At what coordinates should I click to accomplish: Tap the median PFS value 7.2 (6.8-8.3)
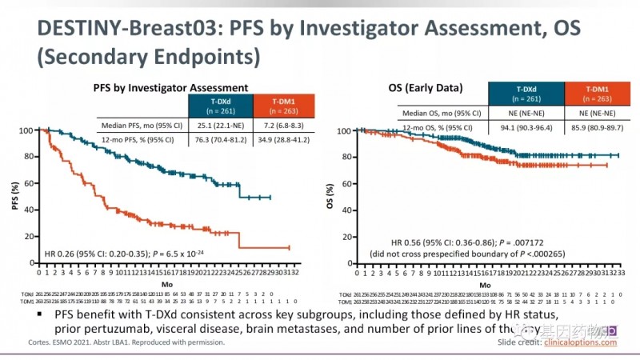pyautogui.click(x=283, y=125)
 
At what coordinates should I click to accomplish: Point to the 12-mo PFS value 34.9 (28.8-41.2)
pyautogui.click(x=283, y=139)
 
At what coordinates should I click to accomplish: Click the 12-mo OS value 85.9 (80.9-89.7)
pyautogui.click(x=596, y=125)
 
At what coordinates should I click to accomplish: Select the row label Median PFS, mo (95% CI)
pyautogui.click(x=142, y=125)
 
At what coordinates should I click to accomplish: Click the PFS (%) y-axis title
pyautogui.click(x=15, y=197)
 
